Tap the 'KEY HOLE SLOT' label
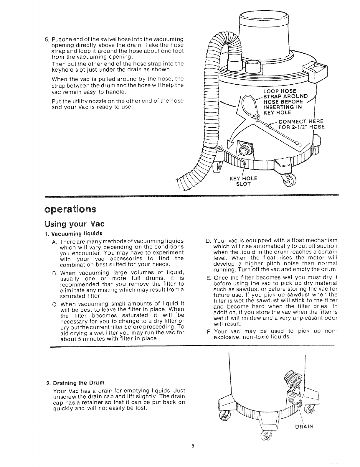point(243,181)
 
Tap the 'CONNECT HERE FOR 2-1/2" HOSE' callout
point(300,124)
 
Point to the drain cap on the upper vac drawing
point(245,149)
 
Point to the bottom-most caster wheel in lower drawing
point(265,437)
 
